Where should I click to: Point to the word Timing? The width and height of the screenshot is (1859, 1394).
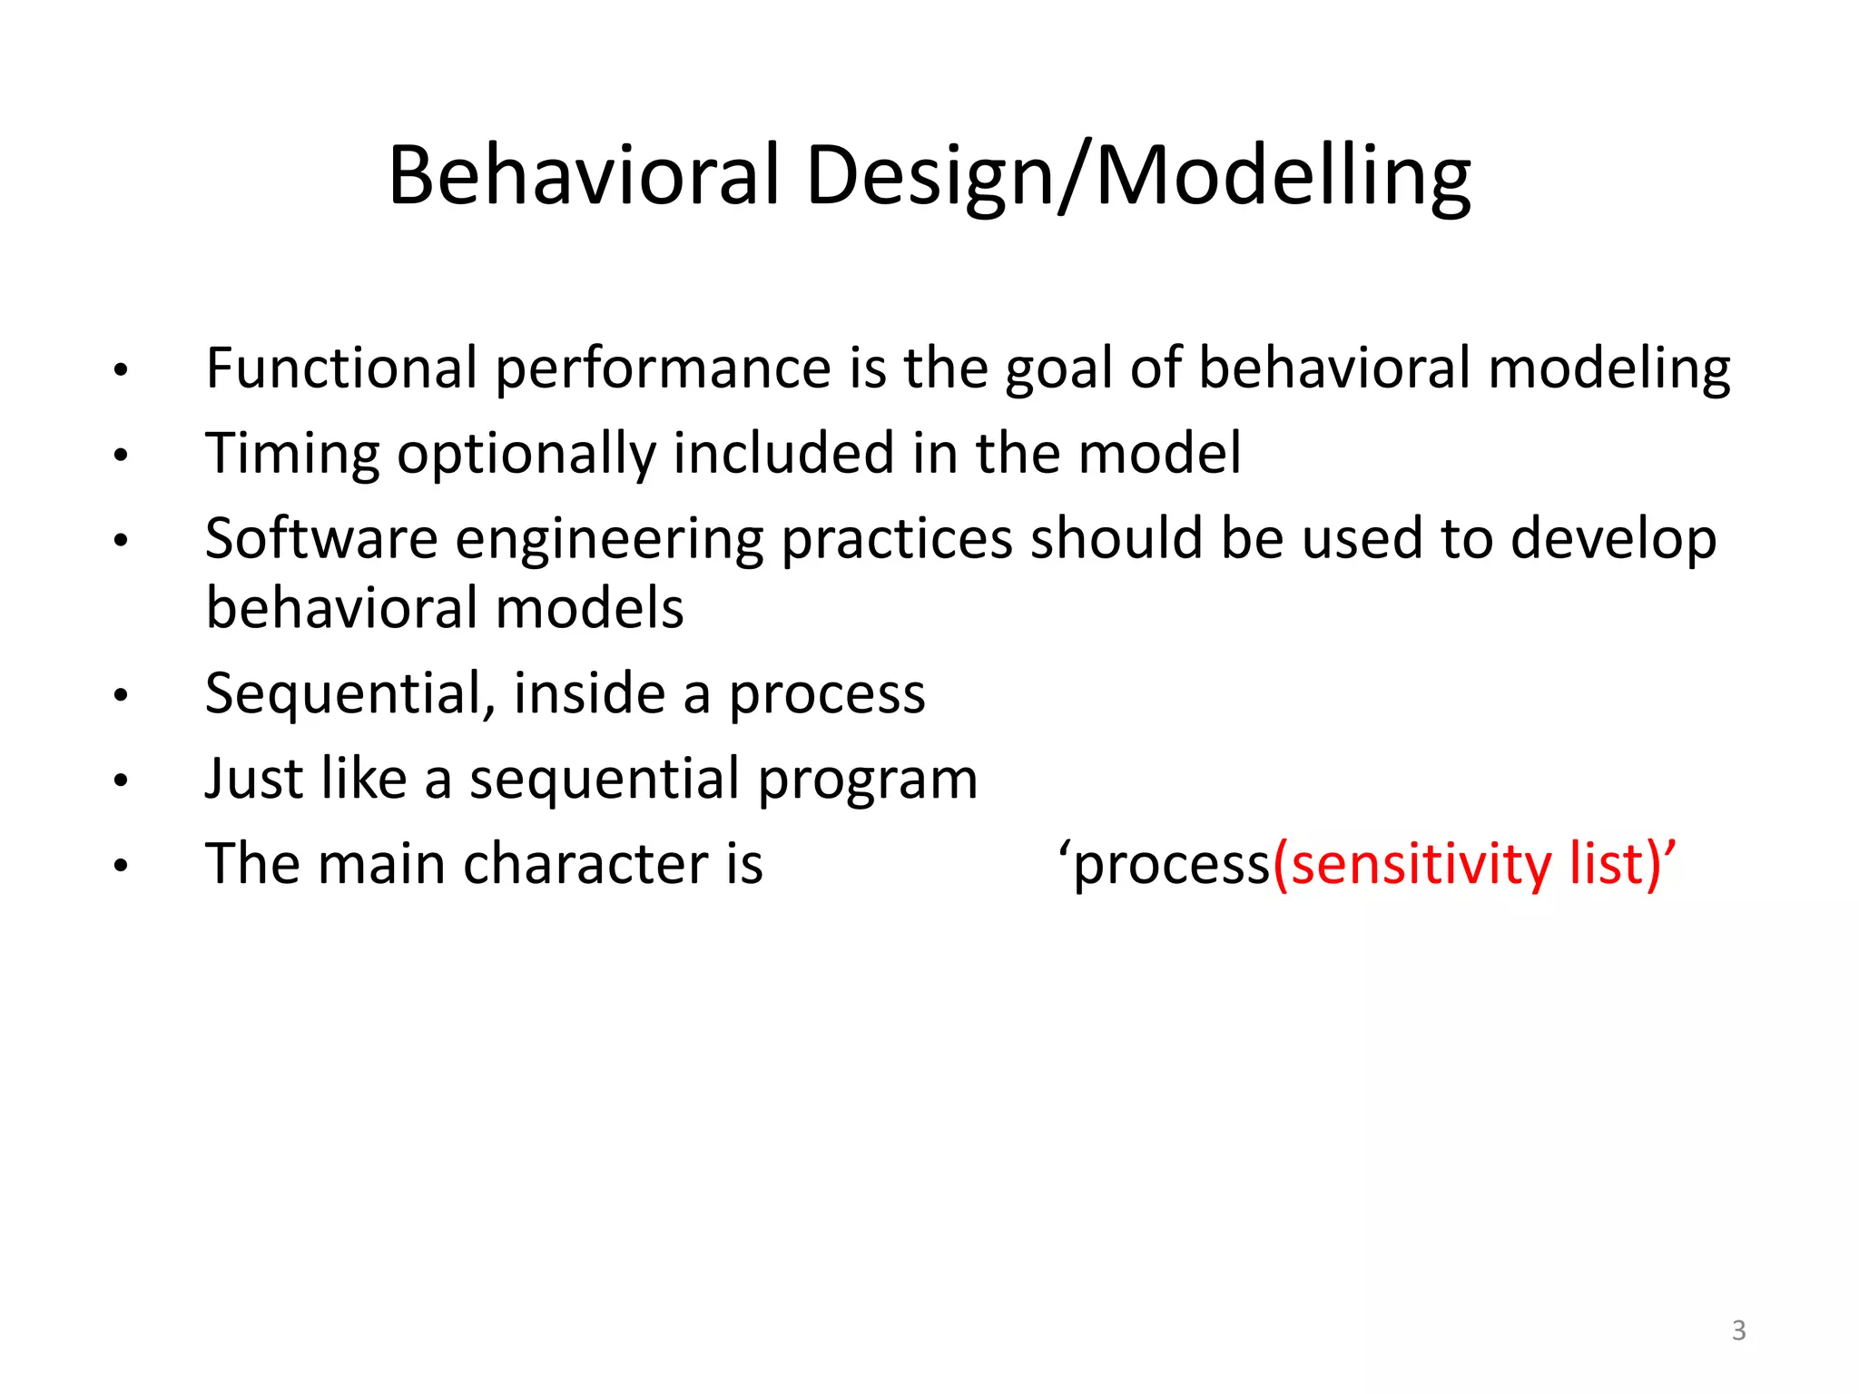click(x=292, y=454)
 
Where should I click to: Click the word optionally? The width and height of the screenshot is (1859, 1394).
click(x=526, y=454)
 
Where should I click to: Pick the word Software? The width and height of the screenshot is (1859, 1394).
click(x=321, y=539)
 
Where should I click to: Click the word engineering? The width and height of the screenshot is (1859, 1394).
click(x=609, y=539)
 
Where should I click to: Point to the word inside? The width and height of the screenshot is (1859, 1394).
click(x=589, y=694)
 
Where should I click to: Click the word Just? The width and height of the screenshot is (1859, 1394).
click(x=241, y=779)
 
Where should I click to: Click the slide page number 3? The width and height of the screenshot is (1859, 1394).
click(x=1738, y=1330)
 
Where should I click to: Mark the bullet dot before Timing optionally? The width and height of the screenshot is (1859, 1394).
click(x=121, y=456)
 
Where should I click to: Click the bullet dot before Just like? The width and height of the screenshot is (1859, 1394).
click(x=121, y=780)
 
